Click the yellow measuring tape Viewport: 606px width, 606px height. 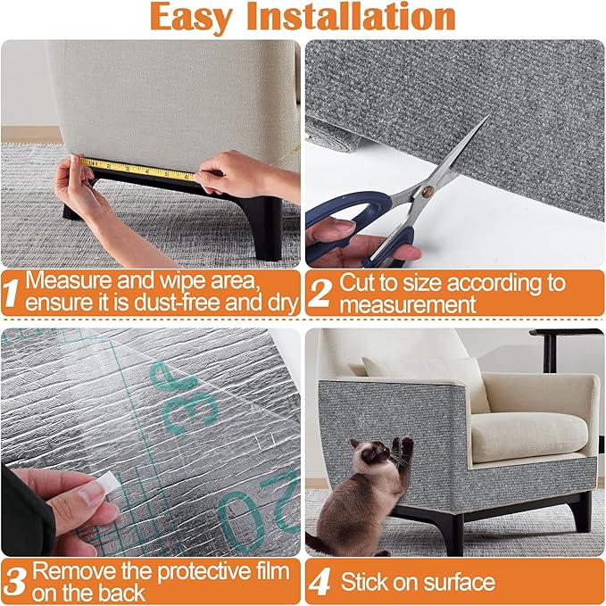click(134, 168)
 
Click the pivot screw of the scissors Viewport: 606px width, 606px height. click(428, 191)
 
